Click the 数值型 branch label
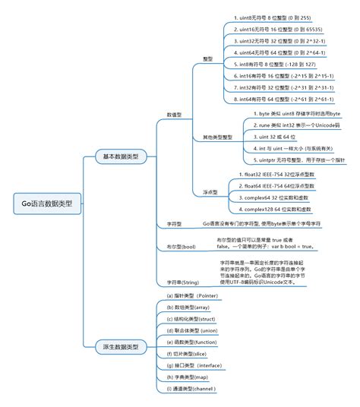point(175,115)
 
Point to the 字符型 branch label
point(174,225)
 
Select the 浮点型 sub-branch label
point(210,192)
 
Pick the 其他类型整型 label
point(217,137)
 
